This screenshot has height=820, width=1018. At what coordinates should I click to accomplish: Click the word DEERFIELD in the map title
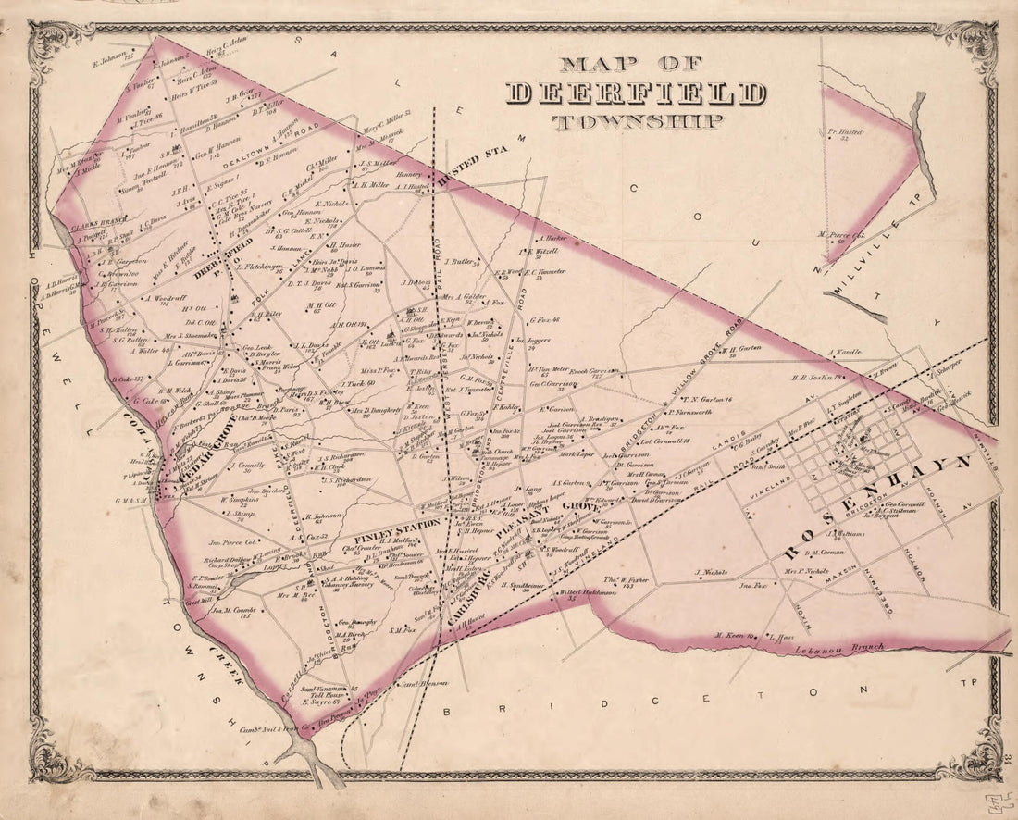637,93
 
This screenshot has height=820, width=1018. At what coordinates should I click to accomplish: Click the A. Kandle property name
844,353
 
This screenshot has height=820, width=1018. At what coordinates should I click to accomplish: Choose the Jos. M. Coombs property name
232,611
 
